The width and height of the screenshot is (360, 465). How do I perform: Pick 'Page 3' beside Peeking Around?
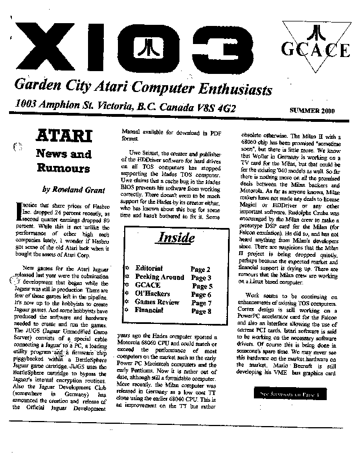pos(201,278)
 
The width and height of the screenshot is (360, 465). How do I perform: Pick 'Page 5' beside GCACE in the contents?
pos(201,286)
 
